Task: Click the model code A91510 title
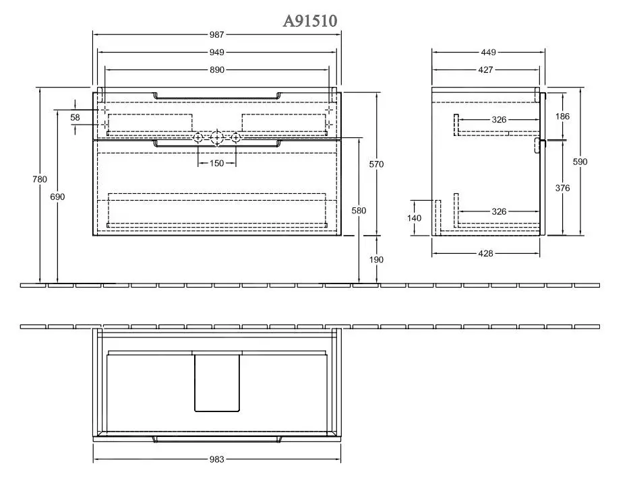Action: (x=309, y=20)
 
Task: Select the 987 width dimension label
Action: (x=217, y=35)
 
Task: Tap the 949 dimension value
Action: (x=217, y=52)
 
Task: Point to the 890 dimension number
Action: (x=217, y=70)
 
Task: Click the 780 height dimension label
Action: (x=40, y=179)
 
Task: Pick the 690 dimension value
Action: (x=57, y=197)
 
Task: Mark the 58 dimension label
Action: (x=75, y=117)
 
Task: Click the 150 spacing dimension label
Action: (x=217, y=164)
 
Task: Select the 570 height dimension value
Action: (x=376, y=164)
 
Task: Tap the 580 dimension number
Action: (x=359, y=211)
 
